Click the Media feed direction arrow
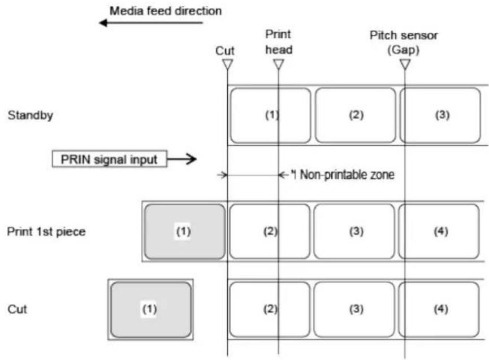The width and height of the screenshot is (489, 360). point(151,23)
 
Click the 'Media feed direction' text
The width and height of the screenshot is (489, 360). point(166,11)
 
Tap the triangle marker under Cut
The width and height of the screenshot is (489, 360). point(228,64)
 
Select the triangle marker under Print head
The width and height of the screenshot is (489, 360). point(279,64)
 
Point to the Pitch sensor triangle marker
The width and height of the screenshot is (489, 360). point(405,64)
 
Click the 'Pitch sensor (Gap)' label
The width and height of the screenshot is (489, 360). point(404,42)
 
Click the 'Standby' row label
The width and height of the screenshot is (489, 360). point(31,115)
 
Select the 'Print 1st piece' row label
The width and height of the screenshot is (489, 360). point(46,232)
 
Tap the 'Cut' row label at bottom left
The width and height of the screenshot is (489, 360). point(17,309)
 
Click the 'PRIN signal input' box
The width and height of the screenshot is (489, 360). point(110,159)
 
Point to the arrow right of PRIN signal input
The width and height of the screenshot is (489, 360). point(182,159)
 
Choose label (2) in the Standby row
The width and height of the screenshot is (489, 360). point(356,115)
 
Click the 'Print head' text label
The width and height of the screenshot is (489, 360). point(279,42)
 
